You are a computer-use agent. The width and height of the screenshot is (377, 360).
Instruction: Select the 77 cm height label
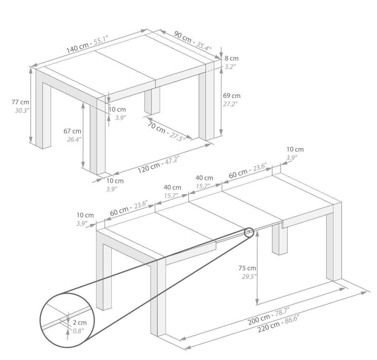[20, 102]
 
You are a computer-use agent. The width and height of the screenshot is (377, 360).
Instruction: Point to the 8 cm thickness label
[231, 58]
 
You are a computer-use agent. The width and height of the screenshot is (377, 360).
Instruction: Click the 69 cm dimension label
[231, 96]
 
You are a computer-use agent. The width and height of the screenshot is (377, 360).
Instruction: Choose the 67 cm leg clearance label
[73, 131]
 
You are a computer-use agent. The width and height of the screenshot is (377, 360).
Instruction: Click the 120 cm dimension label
[149, 168]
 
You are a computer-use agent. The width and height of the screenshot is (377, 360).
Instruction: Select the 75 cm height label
[247, 268]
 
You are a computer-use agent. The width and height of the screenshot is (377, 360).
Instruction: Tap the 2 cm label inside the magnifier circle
[79, 322]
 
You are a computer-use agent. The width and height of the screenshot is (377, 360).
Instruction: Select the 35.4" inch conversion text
[203, 46]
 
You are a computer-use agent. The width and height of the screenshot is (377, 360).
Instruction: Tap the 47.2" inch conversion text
[172, 161]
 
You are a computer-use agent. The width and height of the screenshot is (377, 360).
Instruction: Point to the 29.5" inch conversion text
[249, 277]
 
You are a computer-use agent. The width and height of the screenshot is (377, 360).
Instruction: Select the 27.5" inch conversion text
[177, 136]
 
